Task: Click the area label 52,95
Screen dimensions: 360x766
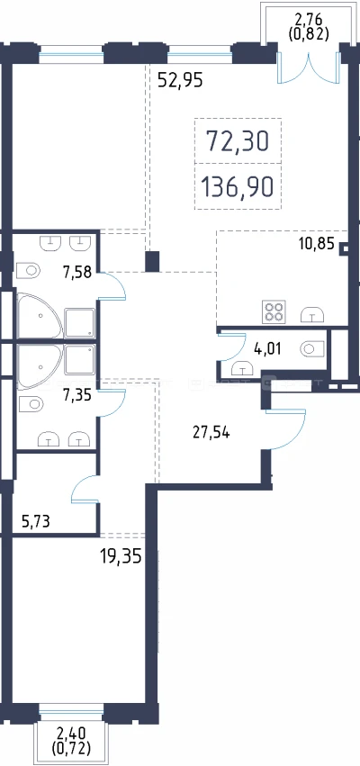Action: tap(180, 79)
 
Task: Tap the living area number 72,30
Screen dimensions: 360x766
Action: tap(238, 141)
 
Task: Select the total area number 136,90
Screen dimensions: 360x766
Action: tap(237, 186)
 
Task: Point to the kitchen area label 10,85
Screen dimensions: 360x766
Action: tap(317, 244)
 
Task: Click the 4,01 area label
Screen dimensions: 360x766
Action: tap(266, 349)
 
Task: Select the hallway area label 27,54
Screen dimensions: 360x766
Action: tap(211, 432)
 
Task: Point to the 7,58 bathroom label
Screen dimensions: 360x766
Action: tap(77, 271)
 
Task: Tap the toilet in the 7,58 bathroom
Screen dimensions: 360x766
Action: tap(28, 270)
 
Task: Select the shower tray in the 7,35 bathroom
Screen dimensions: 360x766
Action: tap(79, 361)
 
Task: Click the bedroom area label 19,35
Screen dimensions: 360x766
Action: tap(121, 556)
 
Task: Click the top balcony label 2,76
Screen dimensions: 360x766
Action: tap(308, 22)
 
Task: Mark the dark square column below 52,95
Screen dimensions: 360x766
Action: tap(152, 261)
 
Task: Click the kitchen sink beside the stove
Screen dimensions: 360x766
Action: tap(312, 314)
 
